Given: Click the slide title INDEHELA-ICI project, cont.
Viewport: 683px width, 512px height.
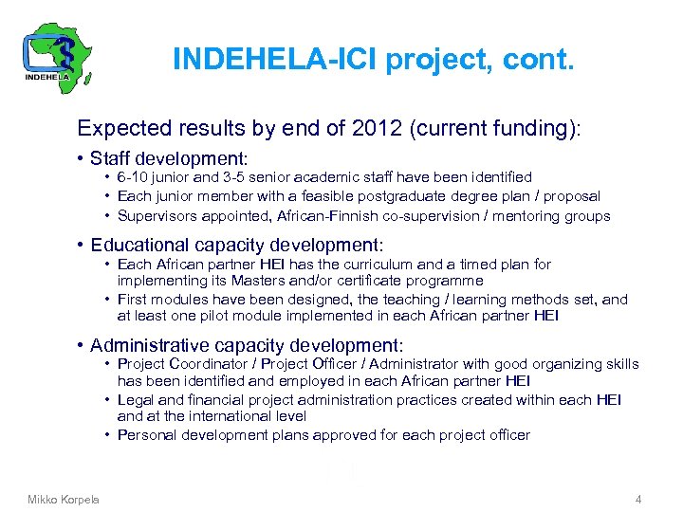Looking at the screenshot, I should pos(373,61).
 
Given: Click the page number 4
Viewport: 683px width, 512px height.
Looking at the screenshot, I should pos(638,499).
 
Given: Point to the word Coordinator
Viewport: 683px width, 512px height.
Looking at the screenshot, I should pos(208,364).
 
